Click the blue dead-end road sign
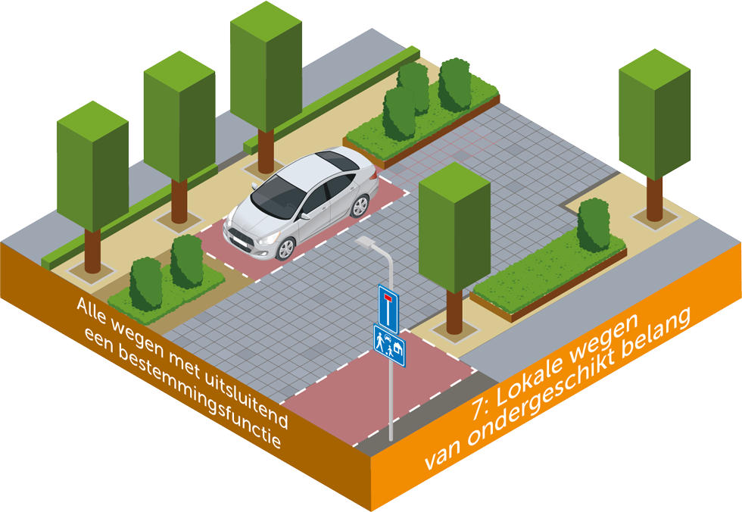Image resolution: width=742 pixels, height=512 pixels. (388, 305)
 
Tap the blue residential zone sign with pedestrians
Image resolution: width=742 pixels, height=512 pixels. (388, 345)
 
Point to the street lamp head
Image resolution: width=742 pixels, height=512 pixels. (366, 242)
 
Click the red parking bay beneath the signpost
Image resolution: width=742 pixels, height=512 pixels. (379, 394)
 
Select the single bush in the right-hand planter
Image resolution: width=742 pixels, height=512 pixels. (594, 225)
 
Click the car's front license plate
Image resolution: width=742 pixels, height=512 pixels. (236, 240)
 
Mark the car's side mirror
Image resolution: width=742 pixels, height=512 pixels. (305, 215)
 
